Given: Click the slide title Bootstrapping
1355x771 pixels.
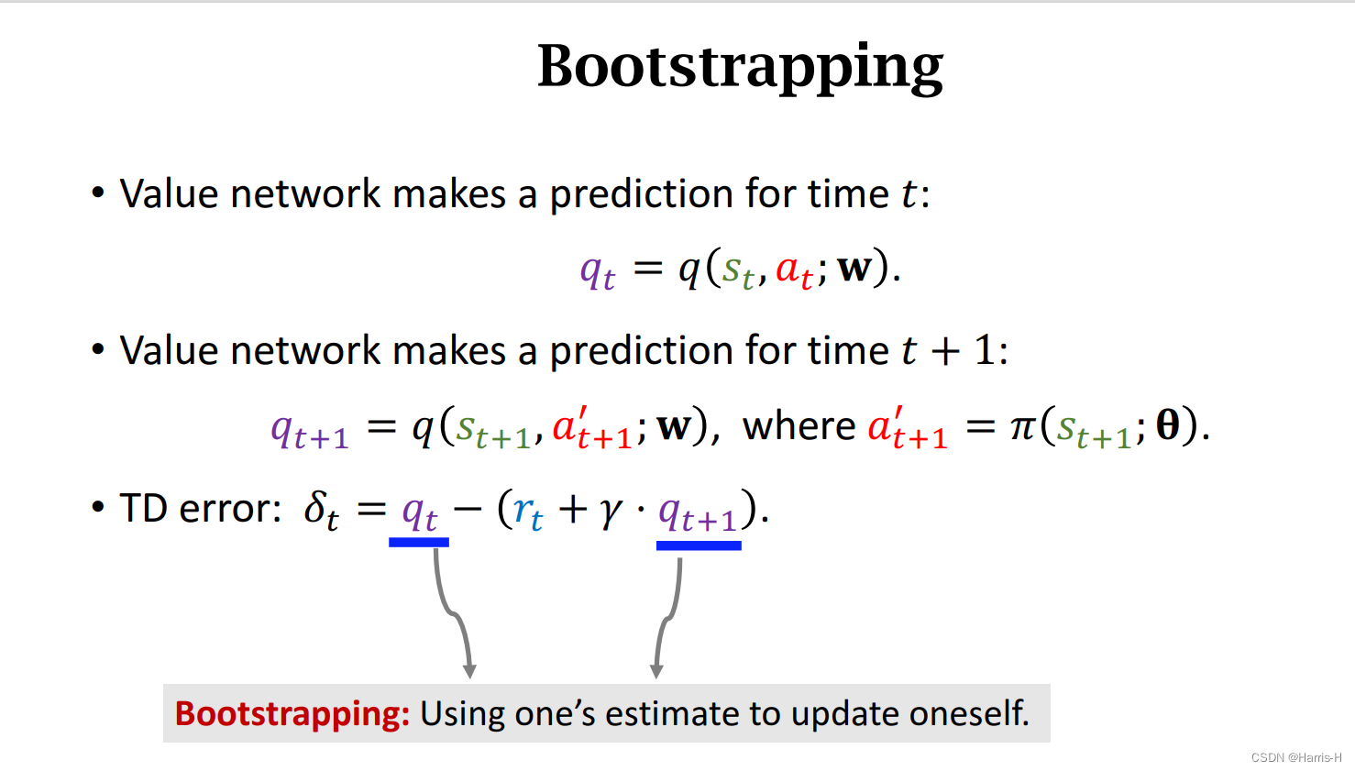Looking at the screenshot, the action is tap(741, 68).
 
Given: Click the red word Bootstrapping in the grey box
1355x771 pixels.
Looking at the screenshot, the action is tap(292, 714).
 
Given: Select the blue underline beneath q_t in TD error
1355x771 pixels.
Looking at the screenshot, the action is tap(419, 543).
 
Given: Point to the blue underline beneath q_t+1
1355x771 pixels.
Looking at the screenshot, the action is tap(699, 545).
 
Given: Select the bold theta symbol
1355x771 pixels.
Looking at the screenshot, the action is tap(1167, 424).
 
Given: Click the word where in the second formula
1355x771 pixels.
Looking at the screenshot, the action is tap(799, 425).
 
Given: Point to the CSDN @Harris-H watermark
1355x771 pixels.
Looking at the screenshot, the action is tap(1296, 757).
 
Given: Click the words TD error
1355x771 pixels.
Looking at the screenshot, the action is tap(200, 508).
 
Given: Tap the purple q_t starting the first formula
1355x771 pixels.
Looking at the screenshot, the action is tap(598, 272).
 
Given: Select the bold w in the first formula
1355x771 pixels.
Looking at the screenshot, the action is tap(854, 269).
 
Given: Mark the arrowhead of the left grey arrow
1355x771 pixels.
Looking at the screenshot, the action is tap(469, 671).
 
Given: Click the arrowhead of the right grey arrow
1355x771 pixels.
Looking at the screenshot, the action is tap(656, 671).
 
